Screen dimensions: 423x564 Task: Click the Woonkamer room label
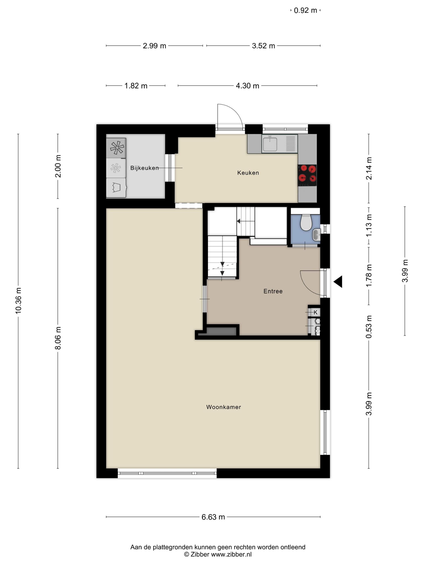(223, 407)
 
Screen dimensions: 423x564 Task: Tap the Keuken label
(248, 173)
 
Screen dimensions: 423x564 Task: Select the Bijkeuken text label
(145, 168)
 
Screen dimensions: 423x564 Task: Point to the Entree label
(273, 291)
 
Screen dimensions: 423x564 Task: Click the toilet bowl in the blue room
(306, 223)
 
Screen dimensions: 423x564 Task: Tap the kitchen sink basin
(270, 144)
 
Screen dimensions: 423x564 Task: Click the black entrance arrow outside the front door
(338, 282)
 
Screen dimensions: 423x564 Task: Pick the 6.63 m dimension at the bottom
(213, 517)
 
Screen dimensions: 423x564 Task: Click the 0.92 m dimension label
(305, 10)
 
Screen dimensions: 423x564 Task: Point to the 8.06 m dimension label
(58, 338)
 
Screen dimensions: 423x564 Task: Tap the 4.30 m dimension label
(247, 86)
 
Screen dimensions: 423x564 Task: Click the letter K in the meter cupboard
(316, 312)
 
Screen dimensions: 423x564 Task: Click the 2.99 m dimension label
(154, 46)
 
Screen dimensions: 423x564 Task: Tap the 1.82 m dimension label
(136, 86)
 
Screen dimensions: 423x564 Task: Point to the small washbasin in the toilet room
(316, 235)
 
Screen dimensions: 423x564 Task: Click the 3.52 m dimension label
(263, 46)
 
